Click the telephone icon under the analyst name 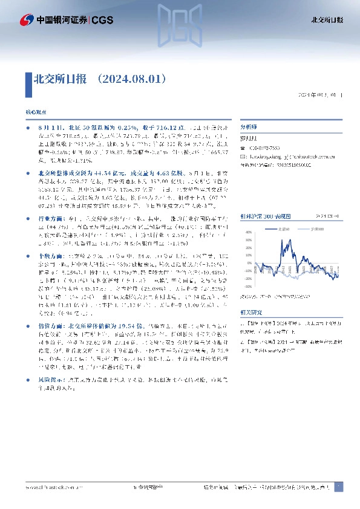243,148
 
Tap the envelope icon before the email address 243,156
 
